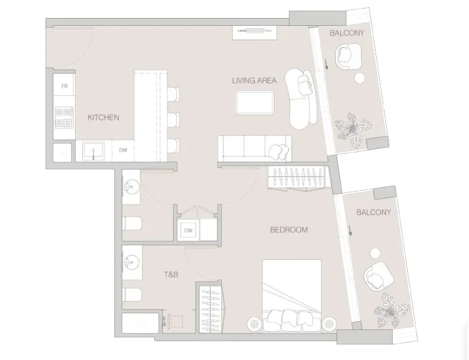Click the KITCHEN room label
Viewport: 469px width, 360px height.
tap(103, 118)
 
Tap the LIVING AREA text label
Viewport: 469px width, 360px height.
tap(254, 80)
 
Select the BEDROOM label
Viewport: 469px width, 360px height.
tap(288, 230)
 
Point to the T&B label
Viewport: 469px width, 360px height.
tap(172, 275)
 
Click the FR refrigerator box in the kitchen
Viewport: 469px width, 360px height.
tap(64, 87)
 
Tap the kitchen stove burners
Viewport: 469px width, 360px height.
tap(64, 118)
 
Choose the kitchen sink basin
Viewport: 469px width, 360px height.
tap(94, 150)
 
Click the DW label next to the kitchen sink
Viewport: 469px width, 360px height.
tap(123, 151)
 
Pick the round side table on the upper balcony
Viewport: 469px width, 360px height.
tap(360, 78)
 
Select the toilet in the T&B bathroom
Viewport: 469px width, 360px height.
tap(133, 295)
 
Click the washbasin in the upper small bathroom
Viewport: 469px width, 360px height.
tap(131, 188)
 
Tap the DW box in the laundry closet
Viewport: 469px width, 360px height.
tap(188, 230)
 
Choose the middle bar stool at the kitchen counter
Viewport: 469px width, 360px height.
tap(173, 120)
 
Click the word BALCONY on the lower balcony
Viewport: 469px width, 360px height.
tap(373, 212)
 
